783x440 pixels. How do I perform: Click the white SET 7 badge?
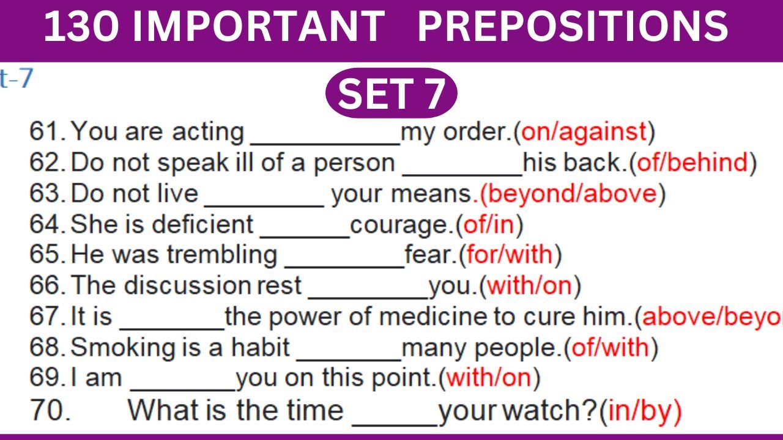(x=391, y=94)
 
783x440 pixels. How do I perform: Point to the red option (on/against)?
(x=584, y=131)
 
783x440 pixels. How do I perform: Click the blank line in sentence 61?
(x=325, y=141)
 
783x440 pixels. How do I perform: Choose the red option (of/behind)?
(x=692, y=163)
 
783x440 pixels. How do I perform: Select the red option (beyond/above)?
(x=569, y=194)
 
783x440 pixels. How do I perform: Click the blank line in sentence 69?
(x=183, y=387)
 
